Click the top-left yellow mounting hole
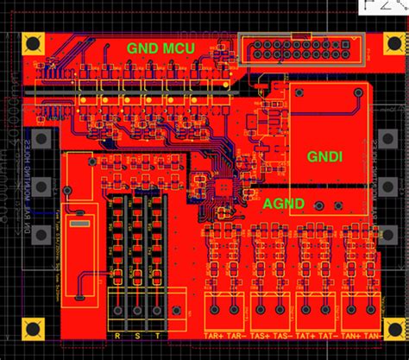pyautogui.click(x=35, y=43)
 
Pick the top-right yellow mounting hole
pyautogui.click(x=374, y=42)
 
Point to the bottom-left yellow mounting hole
pyautogui.click(x=35, y=327)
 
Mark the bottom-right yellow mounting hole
pyautogui.click(x=374, y=327)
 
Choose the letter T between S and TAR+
pyautogui.click(x=156, y=336)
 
